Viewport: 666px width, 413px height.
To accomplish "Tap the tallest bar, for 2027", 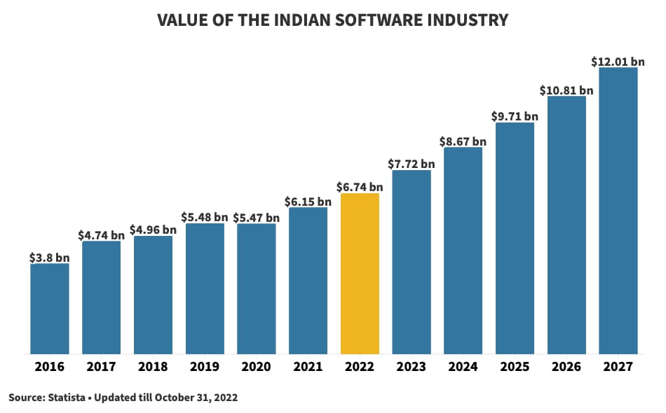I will [x=618, y=210].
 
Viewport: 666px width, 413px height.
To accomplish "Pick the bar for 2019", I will [x=205, y=288].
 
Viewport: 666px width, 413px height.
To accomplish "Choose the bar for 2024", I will [x=463, y=251].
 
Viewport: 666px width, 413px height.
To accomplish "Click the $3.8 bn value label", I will [x=49, y=257].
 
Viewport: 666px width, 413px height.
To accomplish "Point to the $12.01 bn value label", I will [x=618, y=62].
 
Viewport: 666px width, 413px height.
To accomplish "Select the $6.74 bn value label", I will [x=360, y=187].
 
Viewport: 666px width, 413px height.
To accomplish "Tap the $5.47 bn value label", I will [x=257, y=218].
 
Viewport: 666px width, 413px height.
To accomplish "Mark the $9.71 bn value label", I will [x=515, y=116].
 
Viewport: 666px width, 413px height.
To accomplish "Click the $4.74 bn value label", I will [x=101, y=234].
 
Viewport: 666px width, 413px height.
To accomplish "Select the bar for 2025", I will [x=515, y=238].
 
